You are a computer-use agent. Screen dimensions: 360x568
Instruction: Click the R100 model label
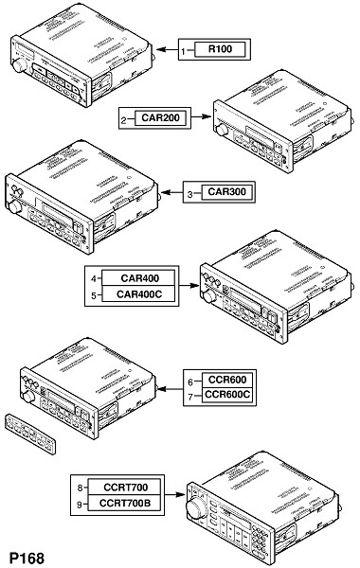(x=220, y=49)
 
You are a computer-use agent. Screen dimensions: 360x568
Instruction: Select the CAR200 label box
(x=161, y=117)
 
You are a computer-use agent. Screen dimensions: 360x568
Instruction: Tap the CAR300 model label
(x=226, y=191)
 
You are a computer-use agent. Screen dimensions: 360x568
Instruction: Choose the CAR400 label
(x=139, y=278)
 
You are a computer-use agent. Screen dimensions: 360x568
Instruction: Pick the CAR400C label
(x=139, y=293)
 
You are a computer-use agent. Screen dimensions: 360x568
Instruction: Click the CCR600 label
(x=227, y=380)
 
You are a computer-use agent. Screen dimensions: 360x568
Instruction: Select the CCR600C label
(x=227, y=394)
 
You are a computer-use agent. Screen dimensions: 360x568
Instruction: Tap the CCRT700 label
(x=125, y=488)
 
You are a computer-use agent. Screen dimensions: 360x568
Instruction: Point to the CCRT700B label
(x=125, y=503)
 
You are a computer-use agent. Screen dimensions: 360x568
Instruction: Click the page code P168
(x=27, y=558)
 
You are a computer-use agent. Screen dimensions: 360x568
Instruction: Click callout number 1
(x=184, y=51)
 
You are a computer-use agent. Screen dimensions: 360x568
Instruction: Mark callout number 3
(x=190, y=194)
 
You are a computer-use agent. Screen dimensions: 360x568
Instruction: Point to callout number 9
(x=79, y=505)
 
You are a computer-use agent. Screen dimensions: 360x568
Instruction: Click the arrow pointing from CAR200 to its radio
(x=201, y=116)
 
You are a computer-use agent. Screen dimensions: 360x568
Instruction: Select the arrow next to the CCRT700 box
(x=174, y=494)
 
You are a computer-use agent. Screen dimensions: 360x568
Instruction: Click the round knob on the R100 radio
(x=19, y=65)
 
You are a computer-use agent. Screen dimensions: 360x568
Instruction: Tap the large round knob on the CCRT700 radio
(x=195, y=507)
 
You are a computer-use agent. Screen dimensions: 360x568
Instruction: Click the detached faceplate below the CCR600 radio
(x=30, y=434)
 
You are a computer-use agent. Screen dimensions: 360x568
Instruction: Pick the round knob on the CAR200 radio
(x=222, y=130)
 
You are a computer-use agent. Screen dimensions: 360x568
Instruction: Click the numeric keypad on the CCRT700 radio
(x=260, y=541)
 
